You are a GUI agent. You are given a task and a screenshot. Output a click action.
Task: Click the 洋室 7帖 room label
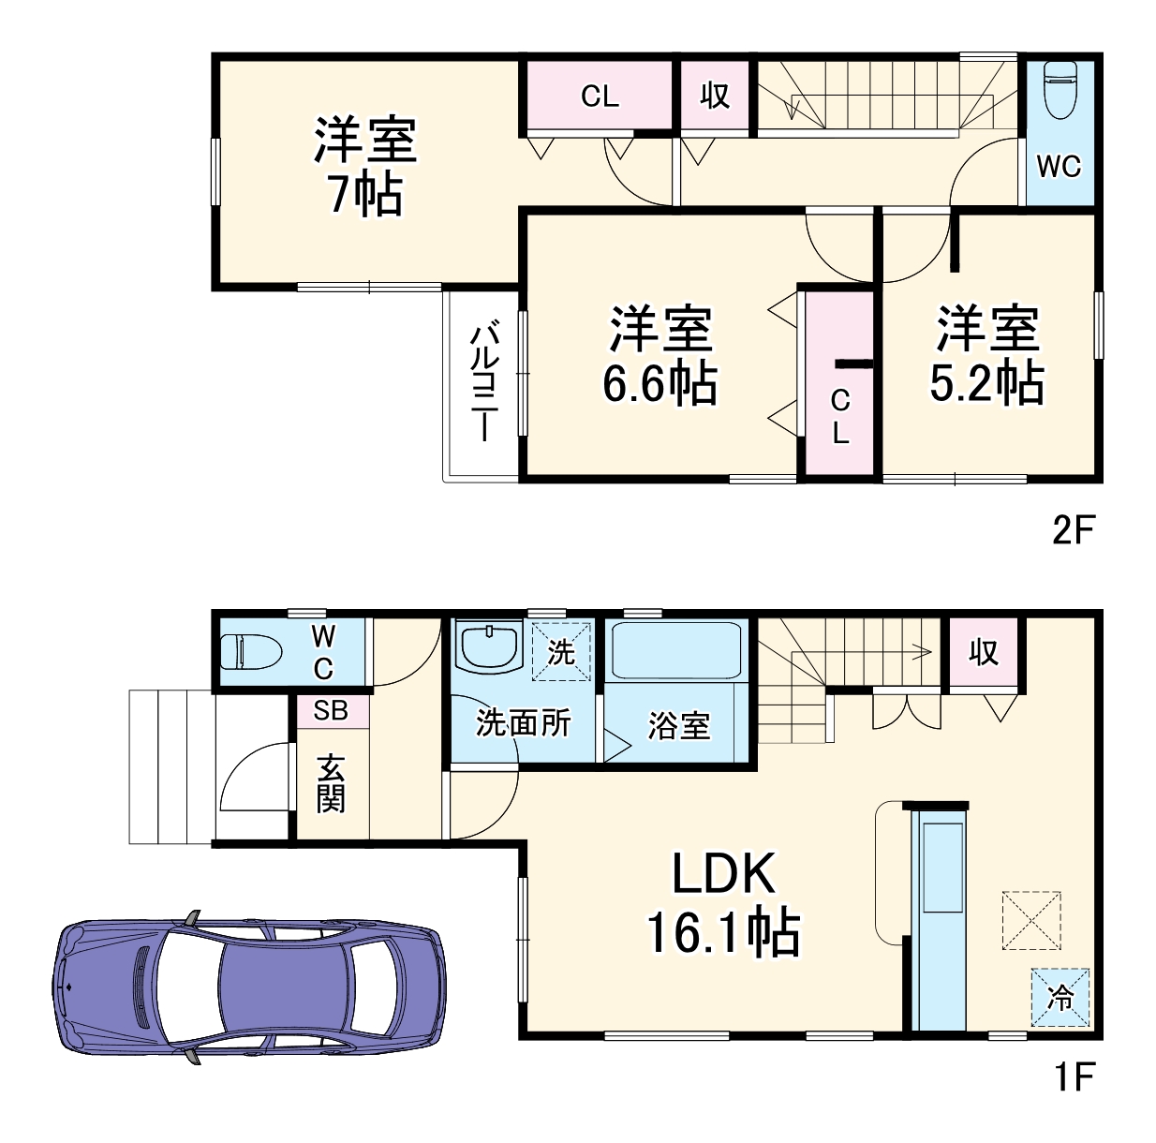[364, 167]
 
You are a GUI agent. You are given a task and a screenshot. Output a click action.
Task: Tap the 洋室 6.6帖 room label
[660, 355]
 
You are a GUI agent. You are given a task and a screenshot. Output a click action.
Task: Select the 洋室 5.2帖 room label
[986, 355]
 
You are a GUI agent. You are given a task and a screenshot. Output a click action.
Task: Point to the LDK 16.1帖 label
[723, 903]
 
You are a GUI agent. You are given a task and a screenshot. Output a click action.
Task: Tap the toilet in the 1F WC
[250, 651]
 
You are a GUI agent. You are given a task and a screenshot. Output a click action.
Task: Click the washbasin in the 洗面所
[489, 646]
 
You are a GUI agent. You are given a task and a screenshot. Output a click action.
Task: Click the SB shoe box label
[331, 710]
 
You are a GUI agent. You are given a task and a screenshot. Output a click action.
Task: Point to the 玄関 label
[331, 783]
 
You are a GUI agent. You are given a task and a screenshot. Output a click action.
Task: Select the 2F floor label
[1074, 530]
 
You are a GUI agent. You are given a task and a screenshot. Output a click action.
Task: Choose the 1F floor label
[1074, 1077]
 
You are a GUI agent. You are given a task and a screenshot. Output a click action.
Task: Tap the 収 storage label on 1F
[984, 652]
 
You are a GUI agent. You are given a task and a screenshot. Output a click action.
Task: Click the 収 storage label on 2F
[715, 96]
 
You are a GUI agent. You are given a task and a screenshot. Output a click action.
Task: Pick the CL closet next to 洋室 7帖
[600, 96]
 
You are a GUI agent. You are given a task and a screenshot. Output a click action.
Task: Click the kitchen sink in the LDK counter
[943, 867]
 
